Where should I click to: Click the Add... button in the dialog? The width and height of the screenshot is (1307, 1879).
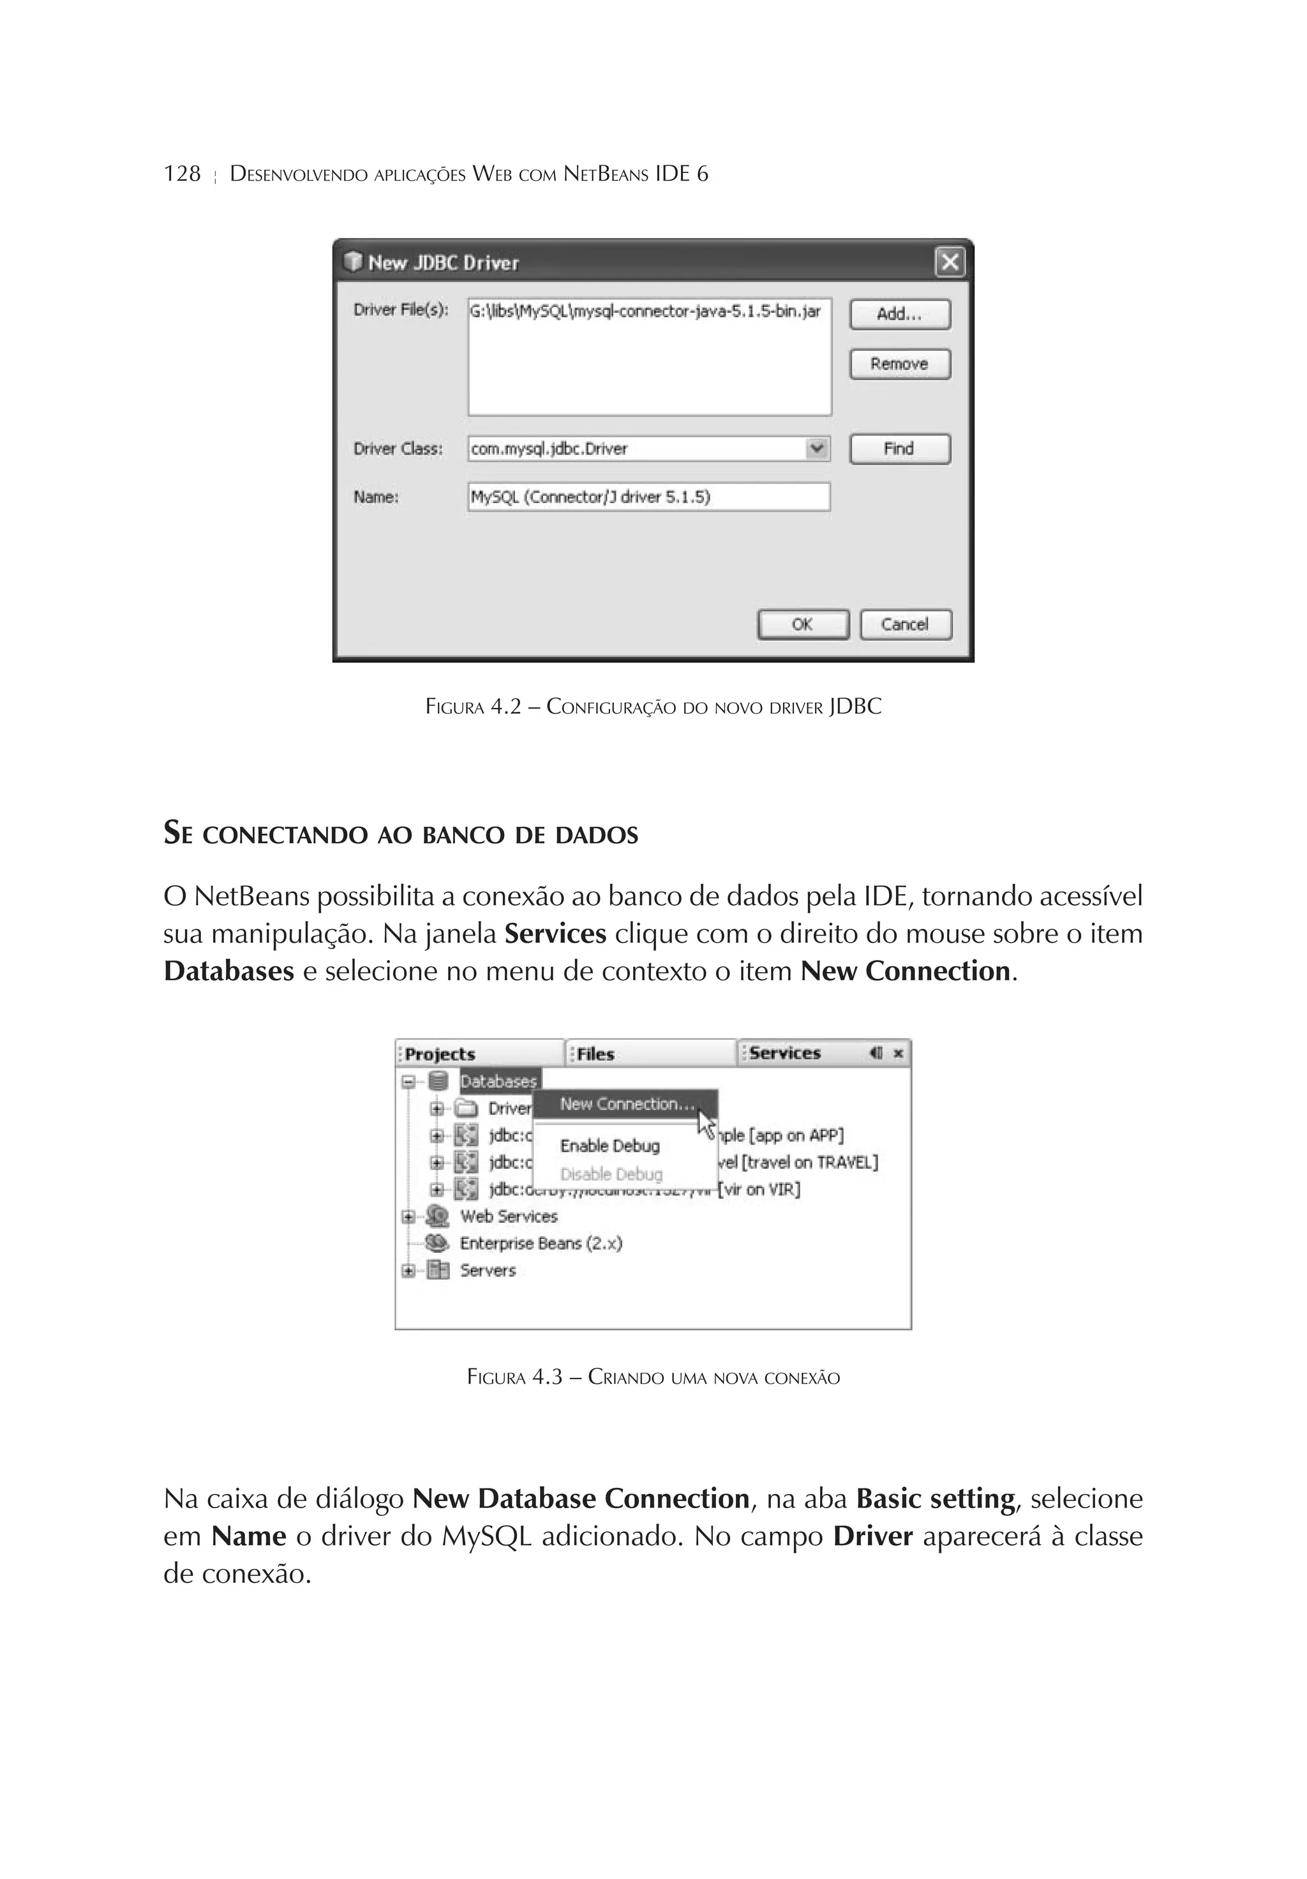[x=899, y=314]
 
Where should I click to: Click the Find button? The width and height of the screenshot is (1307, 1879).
[x=899, y=449]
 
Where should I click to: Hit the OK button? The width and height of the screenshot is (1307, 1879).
[x=802, y=624]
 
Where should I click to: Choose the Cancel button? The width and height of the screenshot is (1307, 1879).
[x=904, y=624]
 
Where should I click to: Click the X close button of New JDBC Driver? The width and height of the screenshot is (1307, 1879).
[x=950, y=263]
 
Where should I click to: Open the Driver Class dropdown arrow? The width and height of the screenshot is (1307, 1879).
[x=816, y=449]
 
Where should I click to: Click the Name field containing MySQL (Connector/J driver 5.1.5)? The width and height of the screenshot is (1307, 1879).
[x=648, y=497]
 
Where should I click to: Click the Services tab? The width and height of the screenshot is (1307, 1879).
[x=784, y=1053]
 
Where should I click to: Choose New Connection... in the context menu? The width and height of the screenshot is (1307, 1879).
[x=627, y=1104]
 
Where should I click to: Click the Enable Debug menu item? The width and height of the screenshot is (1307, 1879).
[x=609, y=1146]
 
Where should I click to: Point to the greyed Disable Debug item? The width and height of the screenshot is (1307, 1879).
[x=611, y=1174]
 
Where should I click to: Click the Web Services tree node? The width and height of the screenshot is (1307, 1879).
[x=508, y=1216]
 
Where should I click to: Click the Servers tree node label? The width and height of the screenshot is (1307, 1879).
[x=488, y=1270]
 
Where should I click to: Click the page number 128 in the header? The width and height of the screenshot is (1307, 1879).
[x=182, y=174]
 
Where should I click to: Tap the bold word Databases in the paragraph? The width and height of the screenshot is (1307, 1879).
[x=228, y=971]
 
